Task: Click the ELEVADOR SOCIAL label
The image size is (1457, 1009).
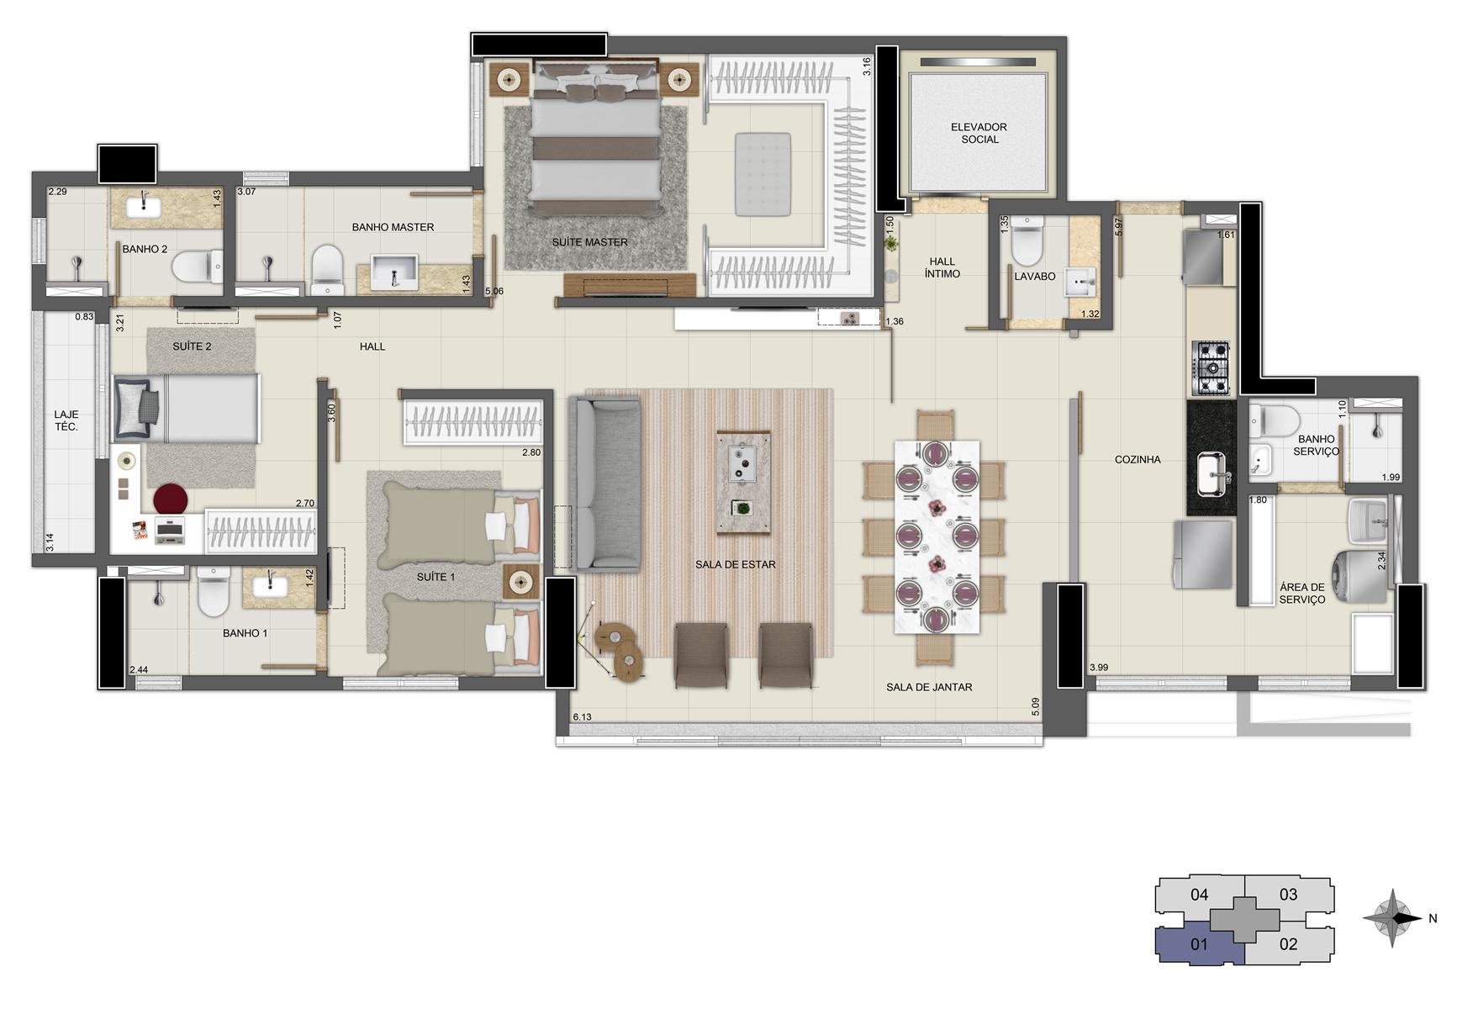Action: coord(979,133)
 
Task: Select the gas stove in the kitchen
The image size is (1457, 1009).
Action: coord(1211,368)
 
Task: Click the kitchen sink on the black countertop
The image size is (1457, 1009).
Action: coord(1212,475)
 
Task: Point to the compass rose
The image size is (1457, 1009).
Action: coord(1393,918)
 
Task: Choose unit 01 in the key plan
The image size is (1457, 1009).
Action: coord(1200,944)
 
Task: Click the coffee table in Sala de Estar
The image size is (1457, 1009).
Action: coord(743,483)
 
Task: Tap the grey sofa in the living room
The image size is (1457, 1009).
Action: coord(605,484)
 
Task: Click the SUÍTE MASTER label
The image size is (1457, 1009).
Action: coord(589,242)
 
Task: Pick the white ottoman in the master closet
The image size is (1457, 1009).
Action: coord(763,174)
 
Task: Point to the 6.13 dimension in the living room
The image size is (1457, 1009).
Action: coord(582,717)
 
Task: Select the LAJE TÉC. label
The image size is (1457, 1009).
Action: coord(66,420)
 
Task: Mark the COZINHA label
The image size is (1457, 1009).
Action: coord(1138,460)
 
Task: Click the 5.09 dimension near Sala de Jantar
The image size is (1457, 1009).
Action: coord(1035,707)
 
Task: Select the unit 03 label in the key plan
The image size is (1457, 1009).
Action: coord(1288,895)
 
